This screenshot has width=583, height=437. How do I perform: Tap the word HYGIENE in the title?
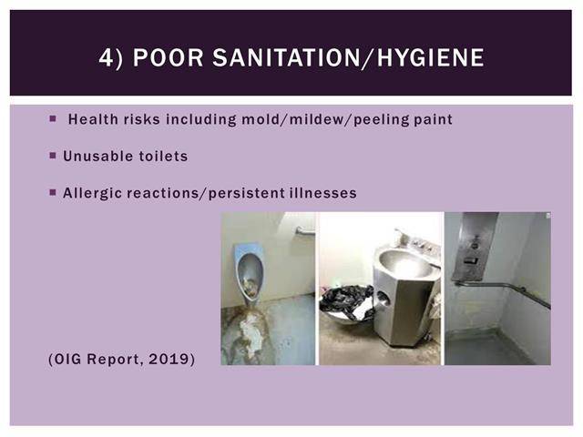431,57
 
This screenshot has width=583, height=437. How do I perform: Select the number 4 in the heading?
106,57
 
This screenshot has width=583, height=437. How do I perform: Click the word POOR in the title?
168,57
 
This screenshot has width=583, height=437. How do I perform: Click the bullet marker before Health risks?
53,118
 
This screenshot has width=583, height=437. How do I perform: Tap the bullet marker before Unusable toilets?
53,156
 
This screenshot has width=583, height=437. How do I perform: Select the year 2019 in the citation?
169,360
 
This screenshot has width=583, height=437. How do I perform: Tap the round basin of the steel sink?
404,262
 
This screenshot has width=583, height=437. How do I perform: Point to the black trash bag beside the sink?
346,301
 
